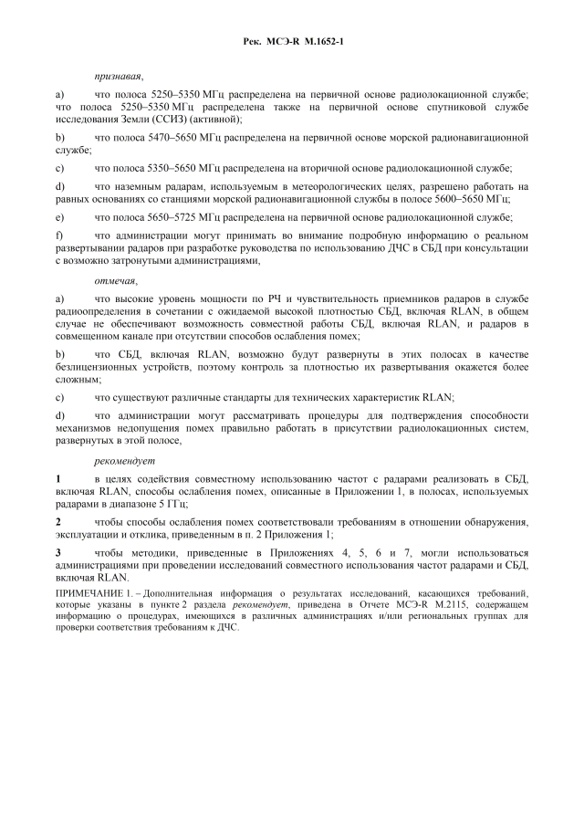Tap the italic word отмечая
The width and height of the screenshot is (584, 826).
pyautogui.click(x=115, y=280)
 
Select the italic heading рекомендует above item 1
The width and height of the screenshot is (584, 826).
pyautogui.click(x=124, y=460)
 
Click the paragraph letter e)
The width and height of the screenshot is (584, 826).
pyautogui.click(x=60, y=217)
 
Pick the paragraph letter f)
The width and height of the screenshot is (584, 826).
pyautogui.click(x=59, y=235)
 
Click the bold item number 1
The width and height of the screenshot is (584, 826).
pyautogui.click(x=58, y=478)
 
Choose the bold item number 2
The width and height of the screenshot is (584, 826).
pyautogui.click(x=58, y=521)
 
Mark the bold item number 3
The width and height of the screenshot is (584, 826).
pyautogui.click(x=58, y=553)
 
